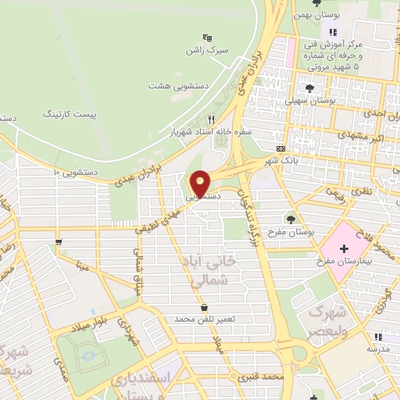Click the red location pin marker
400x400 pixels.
pyautogui.click(x=201, y=184)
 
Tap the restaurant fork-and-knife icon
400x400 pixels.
pyautogui.click(x=211, y=120)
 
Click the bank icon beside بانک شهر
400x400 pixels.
pyautogui.click(x=280, y=148)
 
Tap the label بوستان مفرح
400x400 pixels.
pyautogui.click(x=295, y=233)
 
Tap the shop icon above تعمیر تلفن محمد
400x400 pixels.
pyautogui.click(x=205, y=306)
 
